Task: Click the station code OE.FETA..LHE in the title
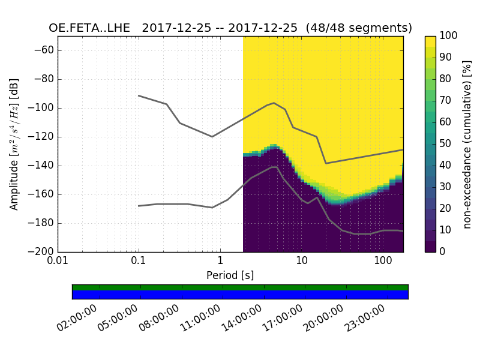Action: [x=94, y=28]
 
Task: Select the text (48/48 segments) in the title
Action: [x=358, y=28]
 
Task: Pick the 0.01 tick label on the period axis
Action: [x=58, y=262]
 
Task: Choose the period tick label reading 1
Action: [x=220, y=262]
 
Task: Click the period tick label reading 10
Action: [x=301, y=262]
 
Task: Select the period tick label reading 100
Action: [x=382, y=262]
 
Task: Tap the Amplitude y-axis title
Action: [x=14, y=144]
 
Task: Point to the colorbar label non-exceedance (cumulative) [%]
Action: [x=467, y=144]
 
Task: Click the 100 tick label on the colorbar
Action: [x=449, y=36]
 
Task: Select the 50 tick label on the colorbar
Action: [x=446, y=144]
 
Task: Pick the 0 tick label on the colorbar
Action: [x=444, y=252]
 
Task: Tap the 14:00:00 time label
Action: [x=243, y=319]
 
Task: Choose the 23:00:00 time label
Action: [x=367, y=319]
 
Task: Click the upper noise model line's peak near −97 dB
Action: [x=274, y=103]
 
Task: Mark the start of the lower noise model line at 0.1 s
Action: [x=139, y=206]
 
